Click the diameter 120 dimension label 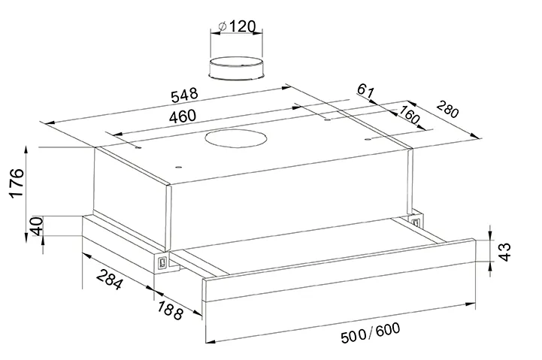(238, 26)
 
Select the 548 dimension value (185, 95)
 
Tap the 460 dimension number (183, 116)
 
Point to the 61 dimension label (365, 90)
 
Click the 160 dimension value (409, 115)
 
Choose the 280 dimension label (447, 108)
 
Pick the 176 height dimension (17, 183)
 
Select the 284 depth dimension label (109, 280)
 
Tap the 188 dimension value (170, 310)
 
